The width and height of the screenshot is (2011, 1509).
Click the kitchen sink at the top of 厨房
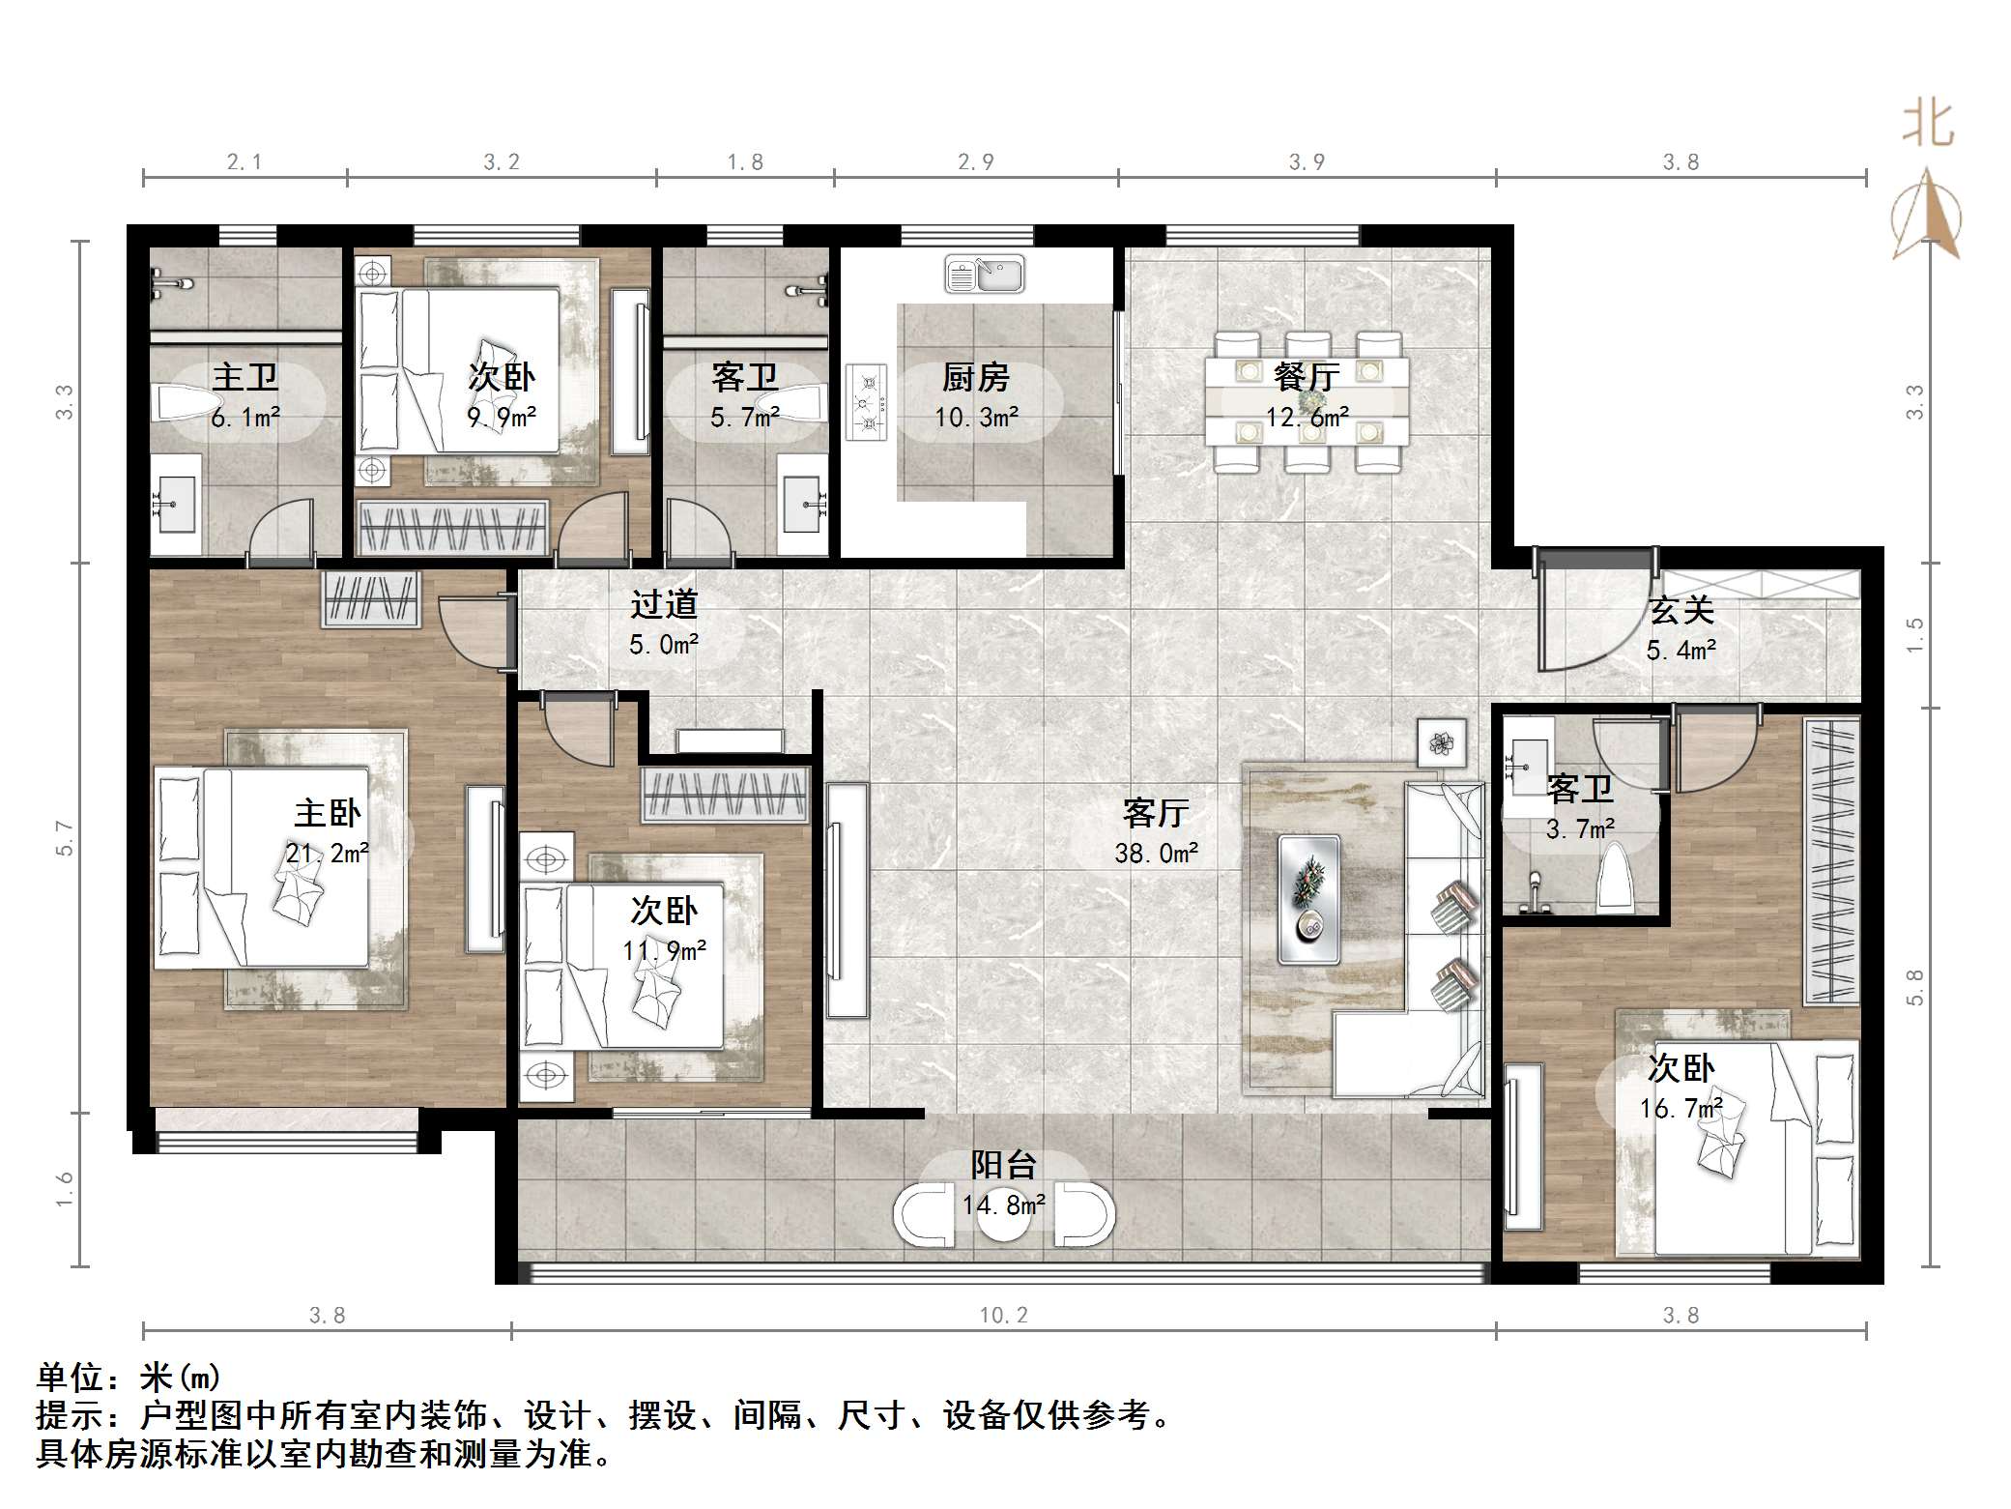(984, 274)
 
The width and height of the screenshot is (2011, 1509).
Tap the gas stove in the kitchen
(867, 401)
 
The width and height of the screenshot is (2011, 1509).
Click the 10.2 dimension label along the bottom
(1003, 1315)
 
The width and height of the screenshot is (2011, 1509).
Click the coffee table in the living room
(1308, 899)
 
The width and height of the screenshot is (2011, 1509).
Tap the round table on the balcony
(1003, 1214)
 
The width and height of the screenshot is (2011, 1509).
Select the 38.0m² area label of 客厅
(1156, 853)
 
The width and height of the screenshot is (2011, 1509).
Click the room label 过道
(664, 604)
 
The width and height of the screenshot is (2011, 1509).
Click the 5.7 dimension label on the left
(65, 837)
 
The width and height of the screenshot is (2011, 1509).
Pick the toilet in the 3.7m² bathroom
(1615, 879)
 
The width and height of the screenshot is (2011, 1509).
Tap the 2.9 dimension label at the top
(975, 161)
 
